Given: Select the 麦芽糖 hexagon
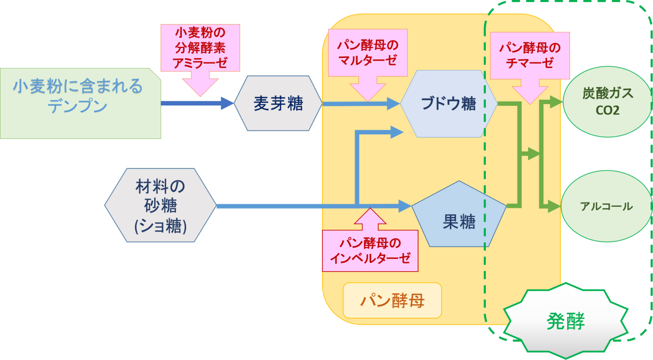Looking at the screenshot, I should click(278, 103).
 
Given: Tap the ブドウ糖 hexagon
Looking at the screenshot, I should click(448, 104).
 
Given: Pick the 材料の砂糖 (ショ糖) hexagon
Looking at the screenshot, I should click(160, 206).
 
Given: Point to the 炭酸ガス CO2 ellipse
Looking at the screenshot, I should click(607, 102).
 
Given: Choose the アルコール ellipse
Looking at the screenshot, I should click(606, 206).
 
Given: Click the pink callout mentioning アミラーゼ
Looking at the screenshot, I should click(200, 48).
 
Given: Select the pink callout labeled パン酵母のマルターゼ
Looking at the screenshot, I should click(368, 53).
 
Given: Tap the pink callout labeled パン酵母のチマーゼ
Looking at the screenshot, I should click(530, 55).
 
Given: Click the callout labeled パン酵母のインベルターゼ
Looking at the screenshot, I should click(370, 250).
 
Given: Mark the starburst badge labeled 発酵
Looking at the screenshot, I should click(565, 320).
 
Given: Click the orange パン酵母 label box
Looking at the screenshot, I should click(392, 300).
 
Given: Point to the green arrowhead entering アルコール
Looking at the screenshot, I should click(554, 206).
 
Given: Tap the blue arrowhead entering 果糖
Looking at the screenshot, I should click(405, 206).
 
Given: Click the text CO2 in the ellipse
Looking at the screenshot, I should click(607, 111).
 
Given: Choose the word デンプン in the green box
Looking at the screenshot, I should click(77, 106).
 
